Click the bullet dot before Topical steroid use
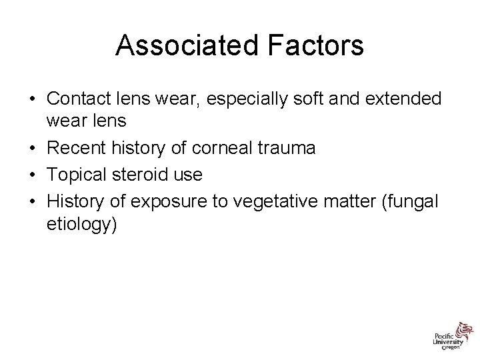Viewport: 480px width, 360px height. click(32, 174)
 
